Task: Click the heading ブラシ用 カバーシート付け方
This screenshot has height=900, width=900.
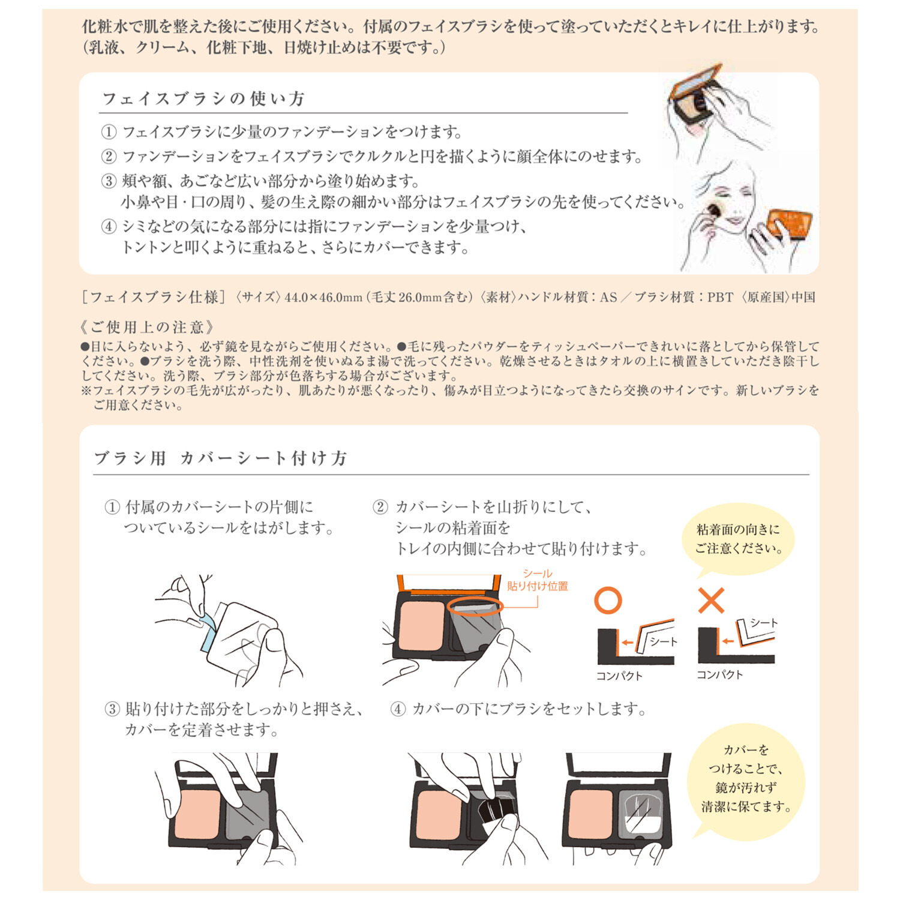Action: click(220, 458)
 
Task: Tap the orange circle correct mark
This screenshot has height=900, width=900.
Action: click(607, 600)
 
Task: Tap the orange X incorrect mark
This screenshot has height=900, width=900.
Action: click(711, 600)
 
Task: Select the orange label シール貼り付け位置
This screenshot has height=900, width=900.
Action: click(537, 580)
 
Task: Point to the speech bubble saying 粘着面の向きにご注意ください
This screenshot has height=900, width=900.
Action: click(738, 539)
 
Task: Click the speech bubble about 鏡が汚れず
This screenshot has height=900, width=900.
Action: click(746, 778)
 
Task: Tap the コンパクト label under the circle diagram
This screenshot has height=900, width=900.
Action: click(619, 676)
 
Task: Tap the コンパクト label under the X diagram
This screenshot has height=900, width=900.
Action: click(719, 674)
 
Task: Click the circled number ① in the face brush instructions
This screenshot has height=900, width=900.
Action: click(108, 131)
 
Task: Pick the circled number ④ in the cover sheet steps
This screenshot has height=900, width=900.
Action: click(398, 709)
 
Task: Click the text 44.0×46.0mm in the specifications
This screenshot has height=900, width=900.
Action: click(323, 297)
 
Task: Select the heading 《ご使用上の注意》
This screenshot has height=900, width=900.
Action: click(147, 327)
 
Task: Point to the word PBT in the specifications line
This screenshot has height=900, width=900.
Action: click(720, 297)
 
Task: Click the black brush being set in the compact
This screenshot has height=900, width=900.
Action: click(494, 811)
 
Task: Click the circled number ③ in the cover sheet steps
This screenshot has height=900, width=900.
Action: click(112, 709)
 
